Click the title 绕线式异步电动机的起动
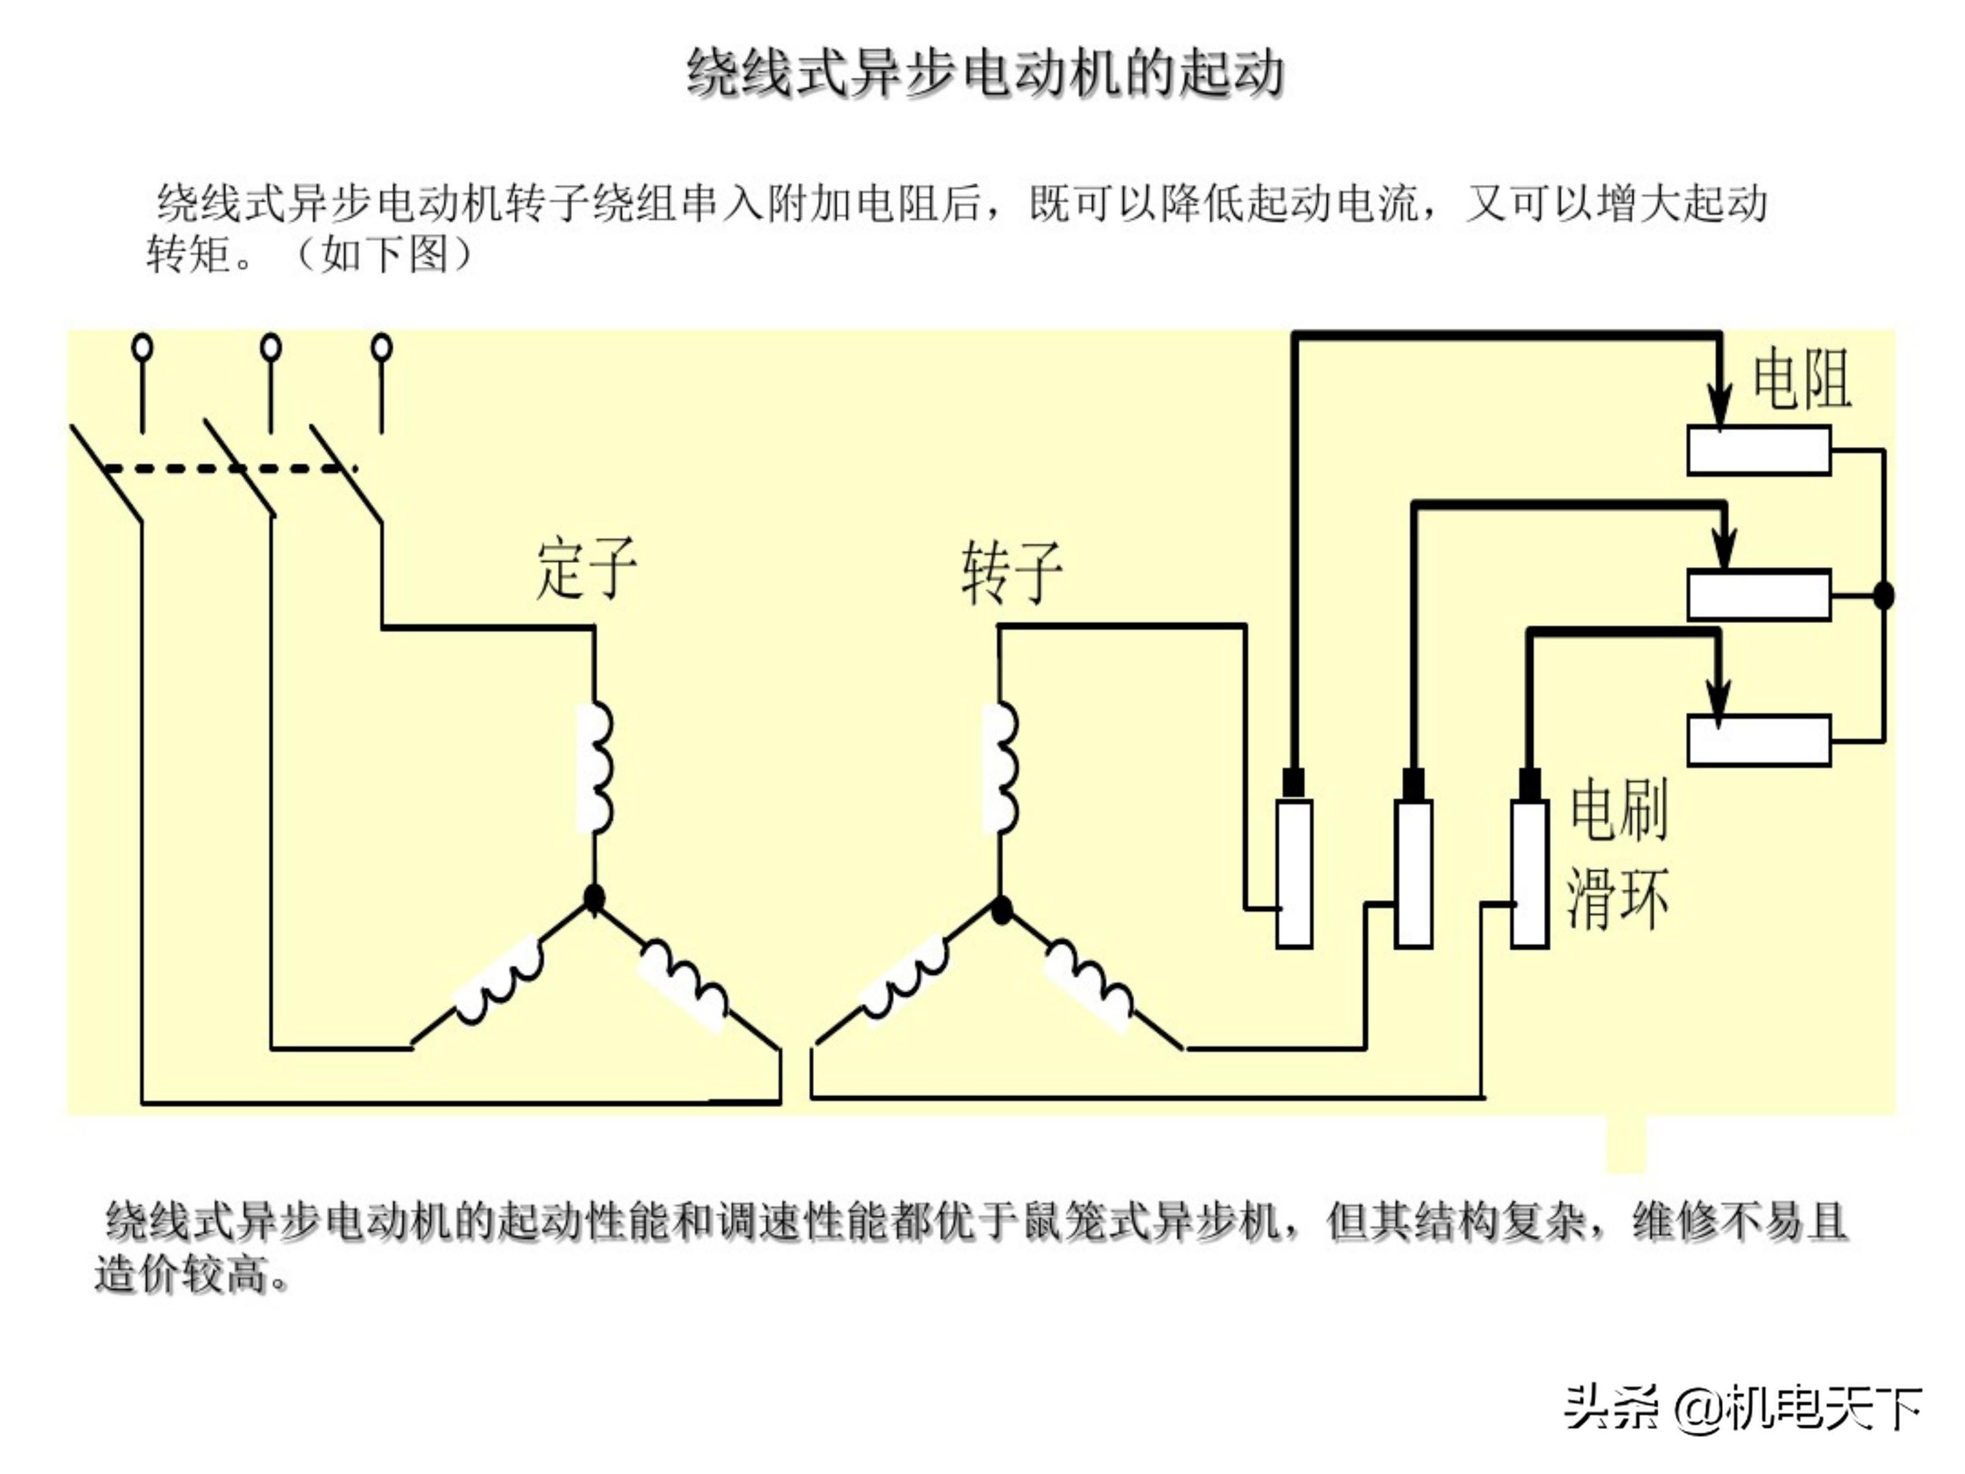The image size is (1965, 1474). tap(985, 74)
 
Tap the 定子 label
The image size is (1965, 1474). tap(586, 568)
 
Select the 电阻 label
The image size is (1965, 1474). tap(1801, 379)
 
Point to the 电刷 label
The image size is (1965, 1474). tap(1618, 809)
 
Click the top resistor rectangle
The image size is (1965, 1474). tap(1758, 450)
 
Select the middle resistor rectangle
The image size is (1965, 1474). tap(1758, 594)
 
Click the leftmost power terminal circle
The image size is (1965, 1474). tap(142, 347)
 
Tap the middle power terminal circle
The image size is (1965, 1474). tap(271, 347)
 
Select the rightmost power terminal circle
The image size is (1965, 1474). tap(382, 347)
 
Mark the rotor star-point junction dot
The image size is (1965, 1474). tap(1001, 910)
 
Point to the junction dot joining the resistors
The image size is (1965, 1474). tap(1882, 595)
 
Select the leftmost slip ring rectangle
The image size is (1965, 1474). tap(1294, 873)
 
